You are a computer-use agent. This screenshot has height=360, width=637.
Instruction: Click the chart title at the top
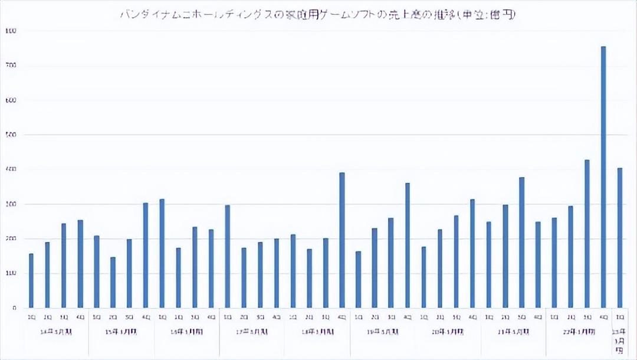pos(318,15)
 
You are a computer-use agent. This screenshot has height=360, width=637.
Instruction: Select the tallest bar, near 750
pos(603,177)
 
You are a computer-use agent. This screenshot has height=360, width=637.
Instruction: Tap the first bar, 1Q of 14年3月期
pos(31,281)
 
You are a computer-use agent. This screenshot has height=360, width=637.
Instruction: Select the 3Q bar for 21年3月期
pos(521,243)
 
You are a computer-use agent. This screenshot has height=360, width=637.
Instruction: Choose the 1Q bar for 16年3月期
pos(162,254)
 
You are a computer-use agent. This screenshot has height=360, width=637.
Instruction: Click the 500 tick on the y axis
pos(8,135)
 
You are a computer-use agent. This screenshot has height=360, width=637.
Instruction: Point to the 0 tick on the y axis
pos(8,308)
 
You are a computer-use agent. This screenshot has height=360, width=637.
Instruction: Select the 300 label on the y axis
pos(8,204)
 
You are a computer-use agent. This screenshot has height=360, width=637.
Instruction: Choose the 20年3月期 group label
pos(448,332)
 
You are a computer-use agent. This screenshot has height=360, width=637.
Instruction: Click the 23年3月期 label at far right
pos(620,341)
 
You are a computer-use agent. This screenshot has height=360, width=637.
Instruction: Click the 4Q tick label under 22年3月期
pos(603,317)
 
